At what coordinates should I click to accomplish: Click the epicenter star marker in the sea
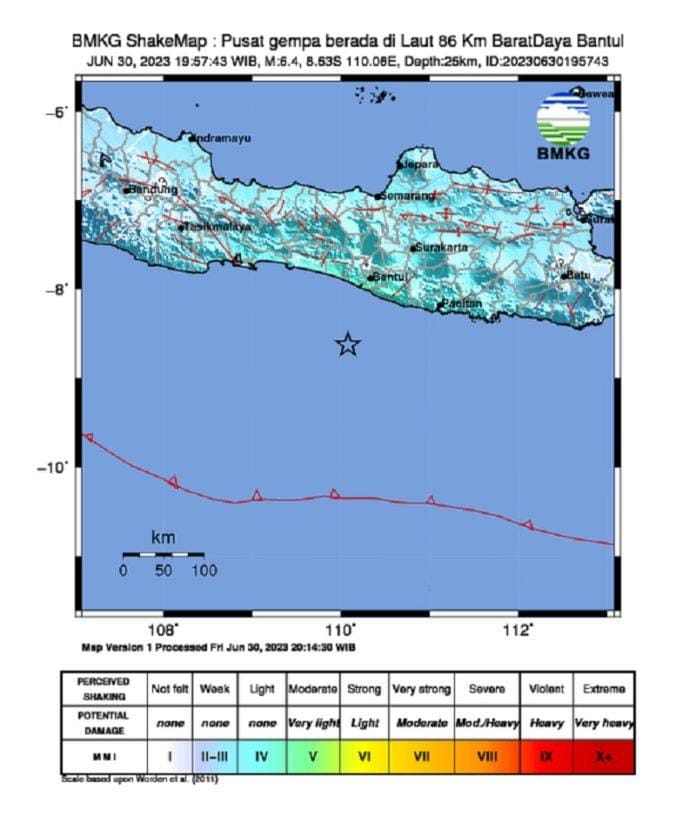point(347,345)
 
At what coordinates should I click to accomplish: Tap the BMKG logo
point(564,126)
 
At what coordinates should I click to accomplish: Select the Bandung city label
point(152,189)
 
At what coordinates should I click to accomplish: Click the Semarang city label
point(408,195)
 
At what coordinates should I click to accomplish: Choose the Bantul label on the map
point(390,277)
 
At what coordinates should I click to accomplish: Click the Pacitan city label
point(462,303)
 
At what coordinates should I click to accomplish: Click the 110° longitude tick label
point(341,629)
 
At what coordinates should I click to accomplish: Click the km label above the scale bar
point(162,538)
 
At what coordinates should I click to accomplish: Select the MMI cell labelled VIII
point(487,756)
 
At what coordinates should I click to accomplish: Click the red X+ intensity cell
point(603,756)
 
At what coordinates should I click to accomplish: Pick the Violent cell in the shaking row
point(546,689)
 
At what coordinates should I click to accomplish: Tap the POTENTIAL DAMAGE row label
point(102,722)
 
